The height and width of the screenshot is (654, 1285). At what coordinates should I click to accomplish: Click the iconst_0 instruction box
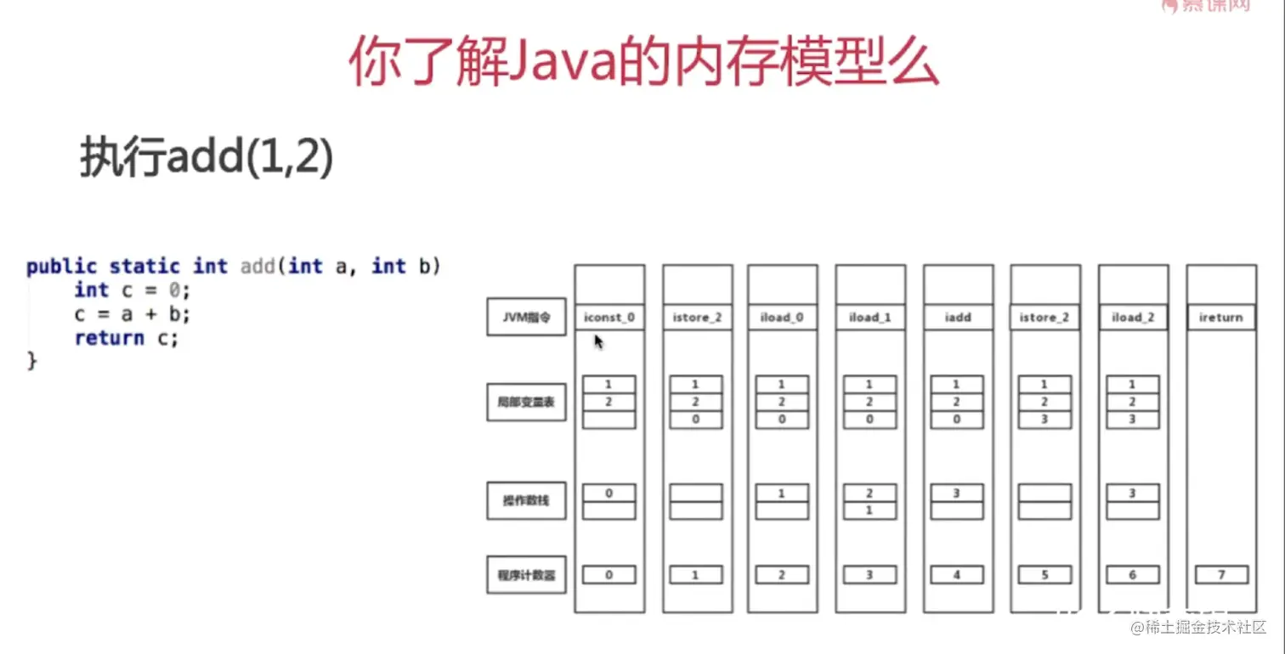[x=609, y=318]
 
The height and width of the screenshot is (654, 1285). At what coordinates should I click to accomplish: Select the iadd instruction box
[x=958, y=318]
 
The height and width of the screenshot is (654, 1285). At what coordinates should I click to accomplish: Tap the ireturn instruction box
[x=1221, y=318]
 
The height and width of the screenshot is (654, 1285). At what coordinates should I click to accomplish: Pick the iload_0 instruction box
[x=782, y=318]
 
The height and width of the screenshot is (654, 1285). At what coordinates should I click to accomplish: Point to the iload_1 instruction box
[x=870, y=318]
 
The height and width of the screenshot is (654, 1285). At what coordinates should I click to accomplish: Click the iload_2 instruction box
[x=1133, y=318]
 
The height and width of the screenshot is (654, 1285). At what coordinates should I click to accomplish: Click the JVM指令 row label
[x=526, y=317]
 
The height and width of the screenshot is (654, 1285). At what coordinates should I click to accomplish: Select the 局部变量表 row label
[x=526, y=402]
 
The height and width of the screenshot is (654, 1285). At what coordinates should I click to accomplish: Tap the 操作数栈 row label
[x=526, y=500]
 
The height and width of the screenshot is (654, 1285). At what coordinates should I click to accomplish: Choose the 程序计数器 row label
[x=526, y=575]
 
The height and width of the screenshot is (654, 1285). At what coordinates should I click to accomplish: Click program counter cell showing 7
[x=1221, y=575]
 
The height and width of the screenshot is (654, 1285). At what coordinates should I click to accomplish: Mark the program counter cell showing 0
[x=609, y=575]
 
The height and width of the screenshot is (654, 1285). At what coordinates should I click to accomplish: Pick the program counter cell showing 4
[x=958, y=575]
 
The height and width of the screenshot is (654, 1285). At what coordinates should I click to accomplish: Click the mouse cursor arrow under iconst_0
[x=598, y=341]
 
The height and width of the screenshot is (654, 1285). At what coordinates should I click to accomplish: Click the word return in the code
[x=109, y=338]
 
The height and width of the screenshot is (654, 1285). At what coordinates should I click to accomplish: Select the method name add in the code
[x=258, y=267]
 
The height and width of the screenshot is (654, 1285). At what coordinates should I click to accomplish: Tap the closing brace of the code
[x=32, y=362]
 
